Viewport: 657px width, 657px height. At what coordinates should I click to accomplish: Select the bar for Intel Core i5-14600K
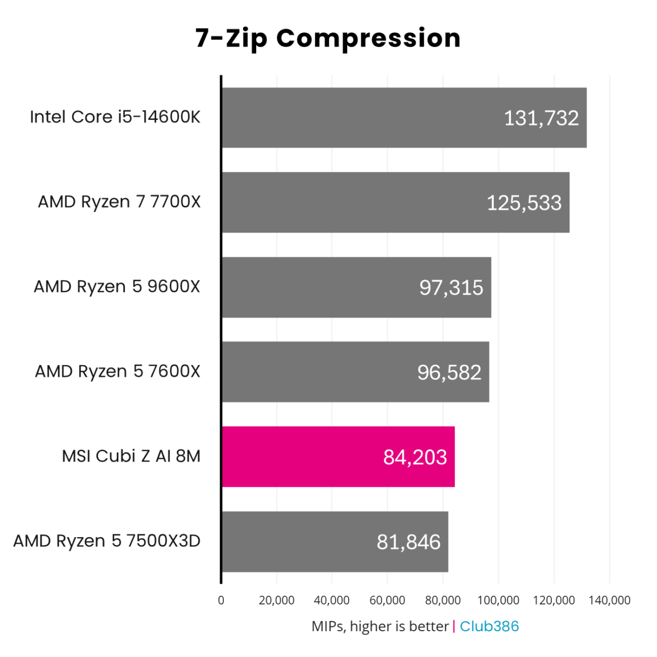point(404,118)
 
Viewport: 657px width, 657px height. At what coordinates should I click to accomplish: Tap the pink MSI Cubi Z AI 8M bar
point(338,457)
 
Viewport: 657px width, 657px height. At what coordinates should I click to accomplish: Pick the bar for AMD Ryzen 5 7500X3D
point(335,541)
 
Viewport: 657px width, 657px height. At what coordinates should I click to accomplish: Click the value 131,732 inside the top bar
point(541,118)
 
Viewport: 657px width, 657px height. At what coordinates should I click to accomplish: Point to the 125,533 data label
point(524,203)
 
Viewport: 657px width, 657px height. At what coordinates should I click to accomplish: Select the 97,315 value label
point(451,287)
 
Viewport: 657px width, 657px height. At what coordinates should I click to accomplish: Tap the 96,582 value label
point(449,372)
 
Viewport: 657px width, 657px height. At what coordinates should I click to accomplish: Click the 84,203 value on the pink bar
point(415,457)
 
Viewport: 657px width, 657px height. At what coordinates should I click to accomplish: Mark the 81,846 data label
point(408,542)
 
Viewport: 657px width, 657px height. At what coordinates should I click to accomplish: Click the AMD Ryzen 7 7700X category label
point(119,202)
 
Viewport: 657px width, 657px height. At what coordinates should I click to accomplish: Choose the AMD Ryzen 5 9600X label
point(117,286)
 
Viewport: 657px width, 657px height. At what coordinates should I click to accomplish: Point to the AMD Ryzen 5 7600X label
point(118,371)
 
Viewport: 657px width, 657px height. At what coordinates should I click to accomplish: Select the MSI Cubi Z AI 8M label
point(131,456)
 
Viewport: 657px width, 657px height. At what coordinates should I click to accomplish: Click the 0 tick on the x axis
point(221,601)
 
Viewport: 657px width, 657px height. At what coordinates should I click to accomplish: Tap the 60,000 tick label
point(387,601)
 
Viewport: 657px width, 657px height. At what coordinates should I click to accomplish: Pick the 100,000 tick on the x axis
point(498,601)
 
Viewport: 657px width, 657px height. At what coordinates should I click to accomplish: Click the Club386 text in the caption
point(489,626)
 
